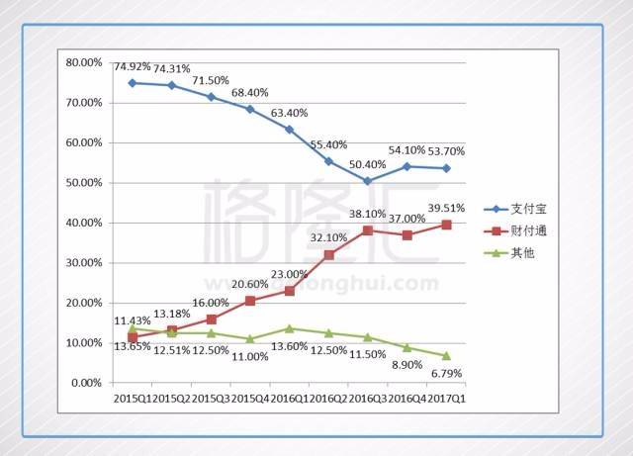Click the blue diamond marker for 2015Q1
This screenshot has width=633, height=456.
pos(132,83)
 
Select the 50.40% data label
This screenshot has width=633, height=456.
pos(367,164)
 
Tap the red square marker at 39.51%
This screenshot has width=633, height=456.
pos(446,225)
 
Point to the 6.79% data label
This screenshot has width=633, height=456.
pos(446,374)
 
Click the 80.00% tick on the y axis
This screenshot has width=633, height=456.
pos(84,62)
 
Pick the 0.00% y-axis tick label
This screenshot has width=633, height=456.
pos(86,383)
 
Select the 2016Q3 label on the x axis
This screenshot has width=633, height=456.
pos(368,399)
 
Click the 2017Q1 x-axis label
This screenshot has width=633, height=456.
pos(446,399)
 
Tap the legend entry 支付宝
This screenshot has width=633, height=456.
pos(515,209)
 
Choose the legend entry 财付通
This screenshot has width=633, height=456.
pos(515,231)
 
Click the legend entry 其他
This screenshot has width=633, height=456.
pos(509,253)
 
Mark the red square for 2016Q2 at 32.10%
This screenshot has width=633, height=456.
pos(329,255)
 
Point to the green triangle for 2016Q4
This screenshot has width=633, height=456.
pos(407,347)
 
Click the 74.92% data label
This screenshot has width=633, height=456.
pos(132,66)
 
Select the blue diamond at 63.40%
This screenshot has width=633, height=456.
pos(290,130)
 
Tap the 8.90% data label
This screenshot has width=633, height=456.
pos(407,365)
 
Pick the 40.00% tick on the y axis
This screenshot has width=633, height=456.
pos(84,223)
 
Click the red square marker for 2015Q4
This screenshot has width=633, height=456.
pos(250,301)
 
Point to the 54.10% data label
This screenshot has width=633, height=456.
pos(407,150)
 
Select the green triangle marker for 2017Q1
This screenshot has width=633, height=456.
pos(446,356)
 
